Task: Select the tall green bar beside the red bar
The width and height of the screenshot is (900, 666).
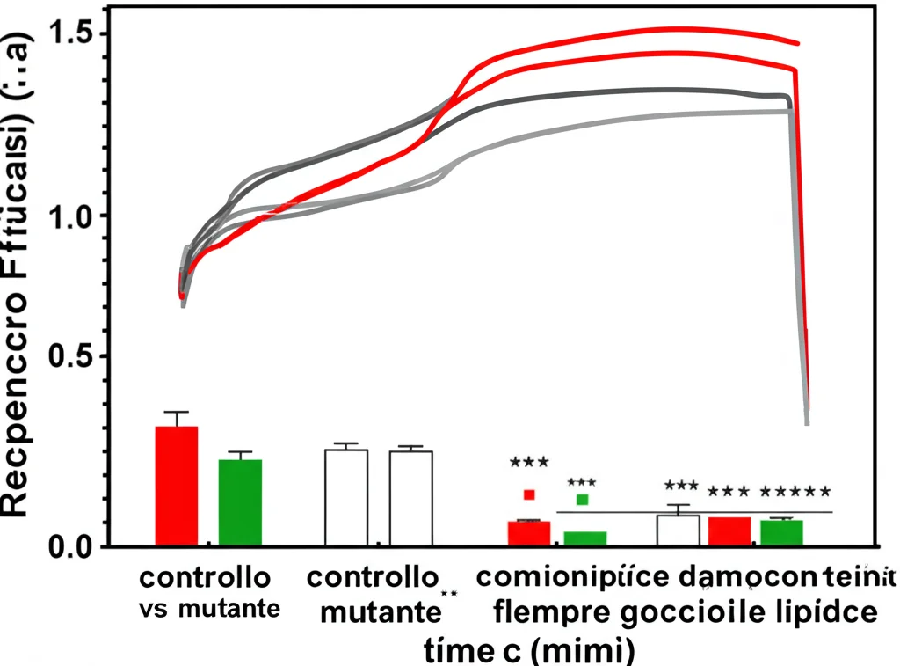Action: click(x=240, y=502)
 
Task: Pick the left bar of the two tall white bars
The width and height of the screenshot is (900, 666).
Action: click(x=346, y=497)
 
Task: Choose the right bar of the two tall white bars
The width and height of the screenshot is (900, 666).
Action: click(x=410, y=498)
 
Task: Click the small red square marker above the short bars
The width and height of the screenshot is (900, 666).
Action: click(x=529, y=494)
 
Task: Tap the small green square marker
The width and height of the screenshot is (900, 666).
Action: click(x=582, y=500)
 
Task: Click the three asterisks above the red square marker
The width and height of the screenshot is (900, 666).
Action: click(x=528, y=462)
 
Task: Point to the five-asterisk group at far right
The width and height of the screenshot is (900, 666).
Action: click(x=795, y=492)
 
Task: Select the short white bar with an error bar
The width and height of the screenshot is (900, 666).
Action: click(x=678, y=530)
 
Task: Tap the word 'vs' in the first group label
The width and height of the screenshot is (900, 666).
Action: click(x=155, y=608)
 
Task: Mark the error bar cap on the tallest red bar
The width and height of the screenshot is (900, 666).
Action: click(x=177, y=412)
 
